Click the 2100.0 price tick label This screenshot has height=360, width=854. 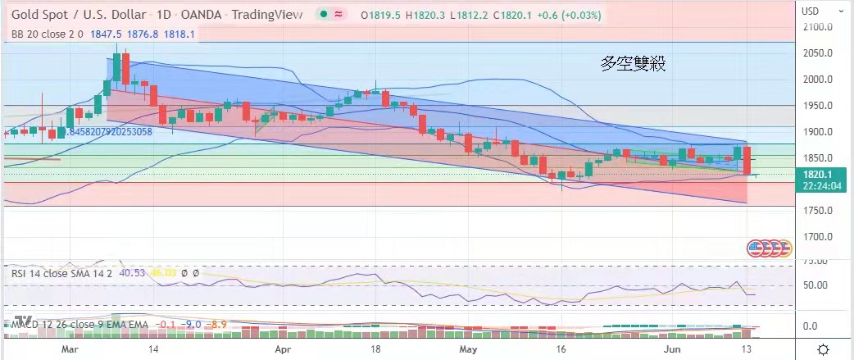coord(820,27)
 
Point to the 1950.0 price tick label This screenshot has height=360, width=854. coord(820,106)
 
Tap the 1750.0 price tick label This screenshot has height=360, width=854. coord(820,211)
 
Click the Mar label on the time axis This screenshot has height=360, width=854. coord(70,349)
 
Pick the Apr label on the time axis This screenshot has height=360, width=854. coord(284,349)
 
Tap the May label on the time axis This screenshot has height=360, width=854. coord(467,349)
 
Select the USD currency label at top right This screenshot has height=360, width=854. coord(811,11)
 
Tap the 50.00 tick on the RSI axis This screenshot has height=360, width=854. coord(816,285)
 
